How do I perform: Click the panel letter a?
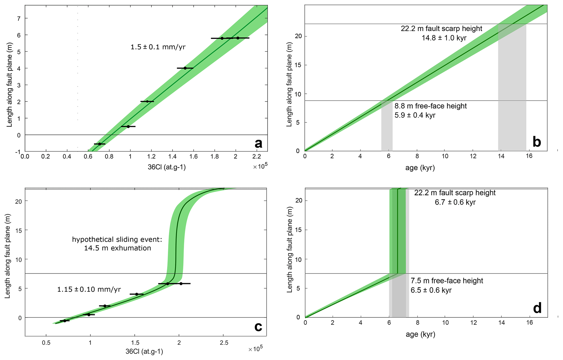pos(258,144)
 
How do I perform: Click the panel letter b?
pos(537,142)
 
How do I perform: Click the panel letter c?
pos(258,326)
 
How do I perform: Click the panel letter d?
pos(537,308)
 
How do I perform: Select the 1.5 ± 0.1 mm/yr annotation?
pos(158,47)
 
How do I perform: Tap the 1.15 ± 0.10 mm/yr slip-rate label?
pos(89,289)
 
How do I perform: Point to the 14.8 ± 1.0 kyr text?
pos(444,38)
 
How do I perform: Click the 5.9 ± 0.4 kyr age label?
pos(415,115)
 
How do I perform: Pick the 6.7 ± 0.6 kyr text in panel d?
pos(455,202)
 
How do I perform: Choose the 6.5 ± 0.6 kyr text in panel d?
pos(431,290)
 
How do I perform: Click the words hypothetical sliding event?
pos(117,240)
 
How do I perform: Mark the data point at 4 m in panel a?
pos(185,68)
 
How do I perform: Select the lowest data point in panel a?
pos(100,144)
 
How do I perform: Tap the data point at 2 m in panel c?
pos(105,306)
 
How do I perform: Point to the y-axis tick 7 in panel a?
pos(19,18)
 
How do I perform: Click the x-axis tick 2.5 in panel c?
pos(224,343)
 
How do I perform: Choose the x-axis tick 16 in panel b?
pos(529,156)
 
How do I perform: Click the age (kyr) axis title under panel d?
pos(420,334)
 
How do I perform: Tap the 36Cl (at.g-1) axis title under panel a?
pos(167,167)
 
